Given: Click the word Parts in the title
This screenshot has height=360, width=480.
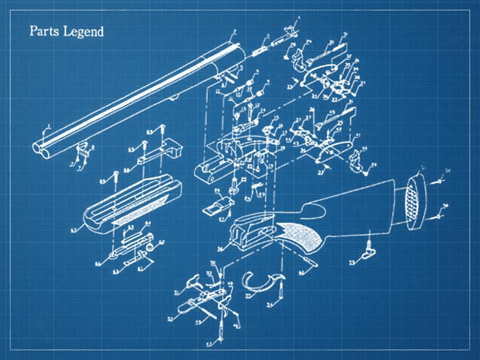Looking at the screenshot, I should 43,31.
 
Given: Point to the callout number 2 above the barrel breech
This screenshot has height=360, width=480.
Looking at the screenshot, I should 235,32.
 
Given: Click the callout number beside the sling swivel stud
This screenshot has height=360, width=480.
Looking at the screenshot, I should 352,263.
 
